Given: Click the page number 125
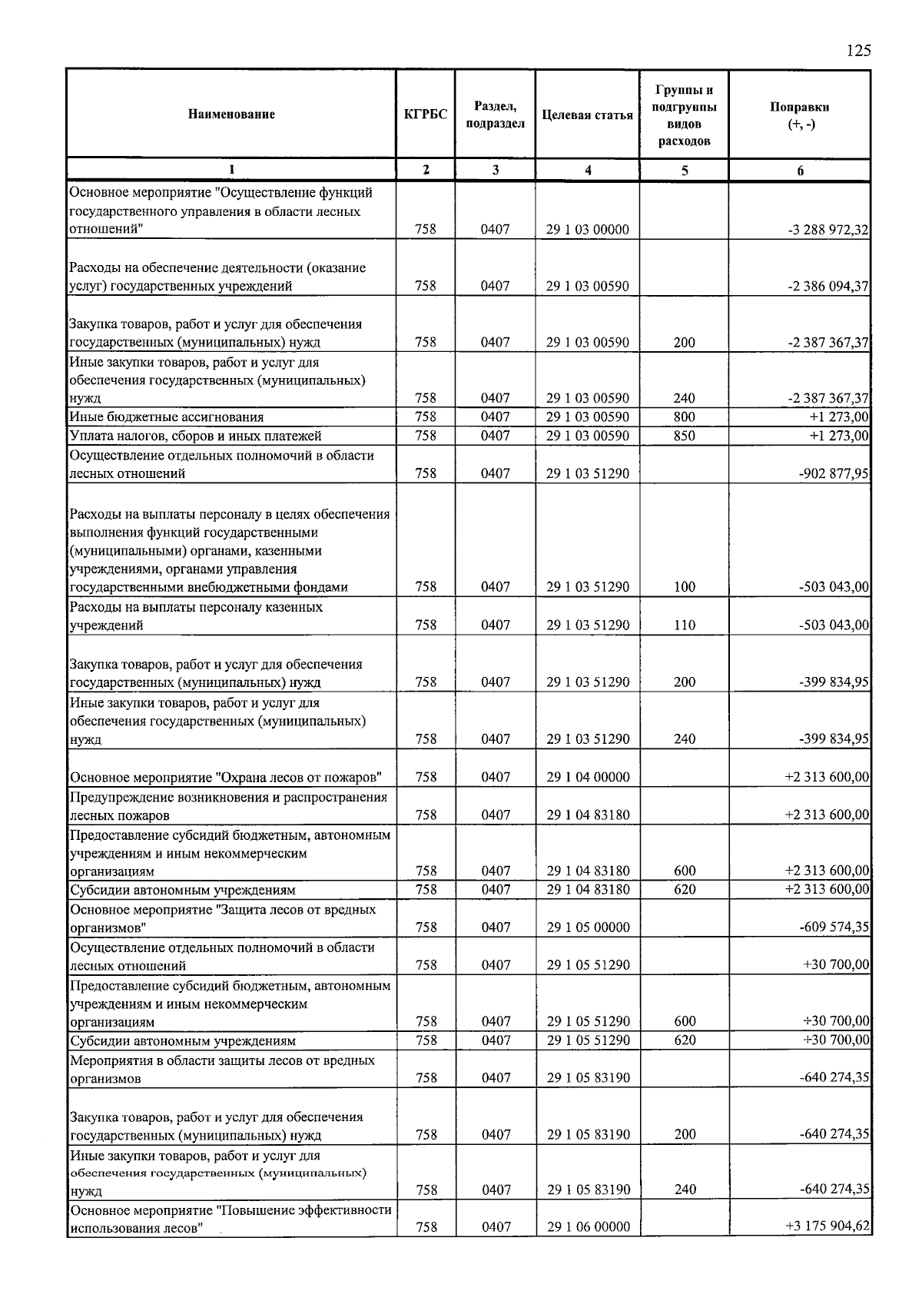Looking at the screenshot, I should pyautogui.click(x=858, y=51).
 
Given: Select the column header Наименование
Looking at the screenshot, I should pyautogui.click(x=230, y=114).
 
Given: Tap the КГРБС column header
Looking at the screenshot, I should pyautogui.click(x=425, y=114).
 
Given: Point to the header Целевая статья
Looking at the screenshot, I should pyautogui.click(x=587, y=115).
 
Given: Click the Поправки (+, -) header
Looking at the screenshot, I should pyautogui.click(x=799, y=115).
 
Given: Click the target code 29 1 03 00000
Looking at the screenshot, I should pyautogui.click(x=587, y=229).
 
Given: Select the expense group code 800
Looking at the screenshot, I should pyautogui.click(x=684, y=416).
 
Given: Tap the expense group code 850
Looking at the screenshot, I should pyautogui.click(x=684, y=436).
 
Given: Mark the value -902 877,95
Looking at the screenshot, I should pyautogui.click(x=834, y=473).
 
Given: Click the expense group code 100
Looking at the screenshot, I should pyautogui.click(x=684, y=587).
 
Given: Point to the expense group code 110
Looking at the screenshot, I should pyautogui.click(x=684, y=625).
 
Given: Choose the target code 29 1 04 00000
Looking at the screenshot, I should pyautogui.click(x=588, y=777).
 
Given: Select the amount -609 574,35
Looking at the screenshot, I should pyautogui.click(x=834, y=927).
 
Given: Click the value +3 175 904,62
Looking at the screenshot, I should pyautogui.click(x=827, y=1226).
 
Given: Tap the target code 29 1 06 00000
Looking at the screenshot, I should pyautogui.click(x=589, y=1227).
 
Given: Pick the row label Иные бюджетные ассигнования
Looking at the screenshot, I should pyautogui.click(x=167, y=417).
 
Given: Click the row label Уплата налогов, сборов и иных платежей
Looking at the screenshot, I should pyautogui.click(x=195, y=436).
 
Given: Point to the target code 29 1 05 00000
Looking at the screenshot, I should pyautogui.click(x=588, y=927).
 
